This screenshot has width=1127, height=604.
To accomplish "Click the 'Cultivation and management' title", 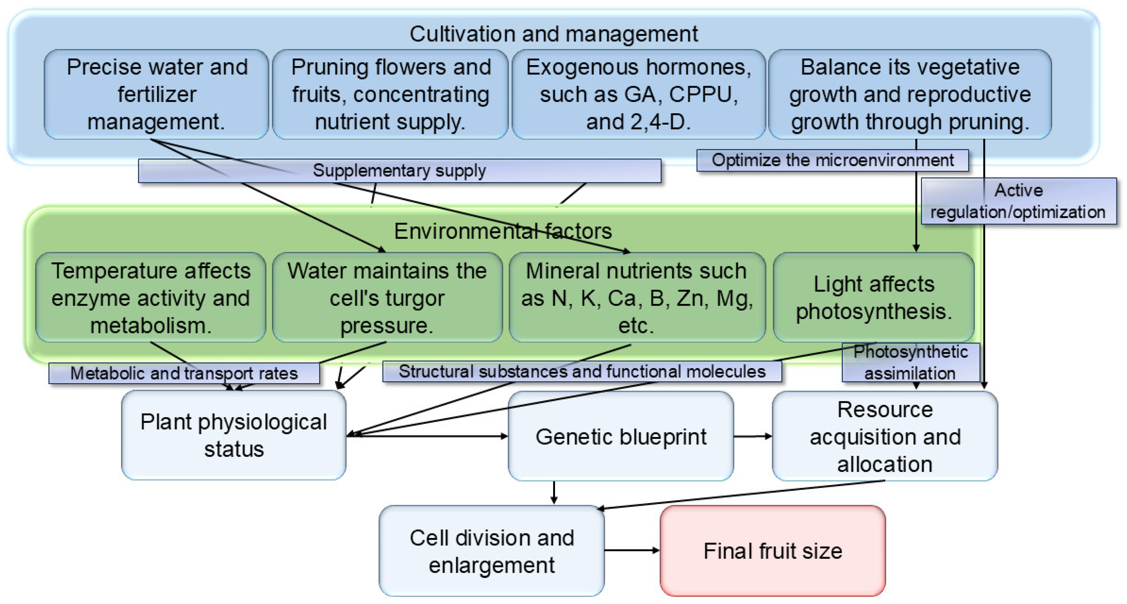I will (553, 34).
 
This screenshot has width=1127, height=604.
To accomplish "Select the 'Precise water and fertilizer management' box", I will (157, 94).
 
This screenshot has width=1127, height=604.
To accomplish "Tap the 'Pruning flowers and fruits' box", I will (390, 94).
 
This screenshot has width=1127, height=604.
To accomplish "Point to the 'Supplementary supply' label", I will (399, 171).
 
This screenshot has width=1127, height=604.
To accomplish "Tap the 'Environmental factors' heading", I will (503, 231).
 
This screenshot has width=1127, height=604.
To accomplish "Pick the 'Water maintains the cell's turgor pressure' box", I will (387, 298).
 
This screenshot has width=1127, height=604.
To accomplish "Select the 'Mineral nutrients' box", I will (637, 298).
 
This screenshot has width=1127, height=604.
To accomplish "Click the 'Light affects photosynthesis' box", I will (874, 298).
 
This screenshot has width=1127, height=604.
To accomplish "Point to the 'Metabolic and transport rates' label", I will (184, 373).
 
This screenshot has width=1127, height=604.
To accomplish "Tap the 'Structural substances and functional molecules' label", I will (582, 372).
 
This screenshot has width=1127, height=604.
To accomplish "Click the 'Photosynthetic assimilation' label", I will (911, 362).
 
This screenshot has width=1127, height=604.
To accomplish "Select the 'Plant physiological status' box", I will (234, 436).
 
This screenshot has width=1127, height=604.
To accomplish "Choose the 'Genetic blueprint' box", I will (621, 436).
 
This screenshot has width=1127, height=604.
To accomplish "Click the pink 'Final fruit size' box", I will (773, 551).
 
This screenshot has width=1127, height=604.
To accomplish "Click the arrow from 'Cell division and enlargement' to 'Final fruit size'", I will (632, 550).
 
